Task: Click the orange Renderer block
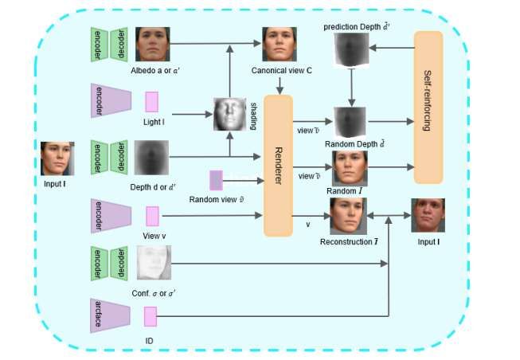tap(280, 165)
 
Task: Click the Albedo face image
tap(152, 45)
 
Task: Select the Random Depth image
tap(350, 122)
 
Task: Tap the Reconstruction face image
tap(346, 215)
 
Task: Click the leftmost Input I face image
tap(57, 158)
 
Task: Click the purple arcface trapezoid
tap(111, 317)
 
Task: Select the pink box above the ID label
tap(151, 317)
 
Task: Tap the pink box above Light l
tap(151, 102)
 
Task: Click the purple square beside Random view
tap(216, 179)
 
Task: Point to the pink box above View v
tap(151, 216)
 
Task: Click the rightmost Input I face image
tap(427, 215)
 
